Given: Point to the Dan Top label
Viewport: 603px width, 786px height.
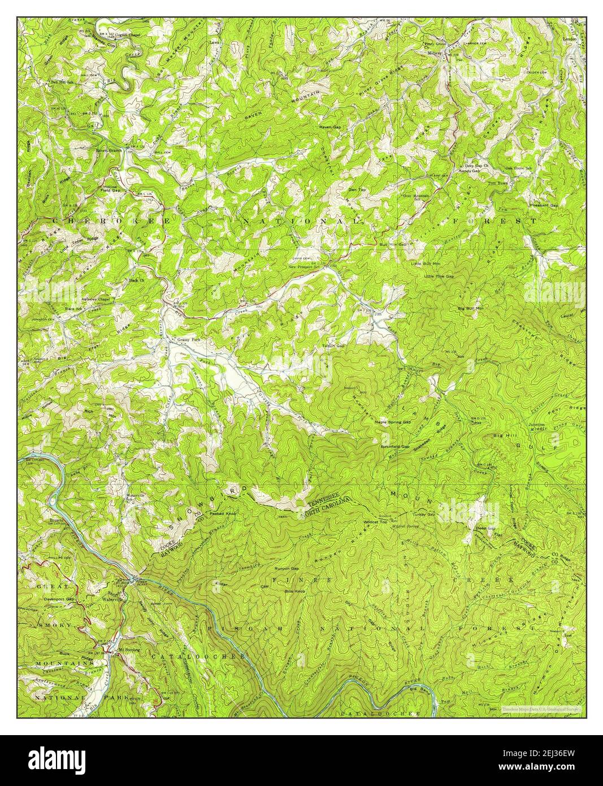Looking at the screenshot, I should click(357, 189).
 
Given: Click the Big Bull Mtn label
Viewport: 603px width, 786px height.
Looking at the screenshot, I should click(471, 308).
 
